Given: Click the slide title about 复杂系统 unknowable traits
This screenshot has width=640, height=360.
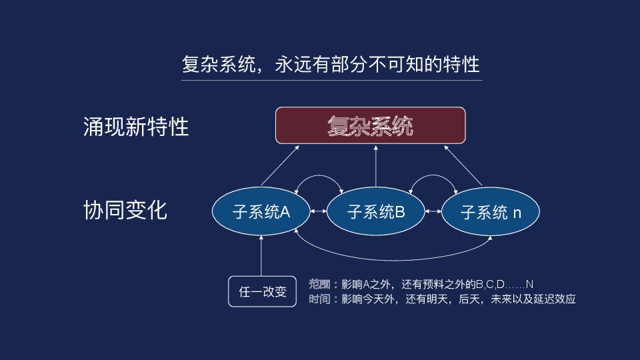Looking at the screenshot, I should [331, 65].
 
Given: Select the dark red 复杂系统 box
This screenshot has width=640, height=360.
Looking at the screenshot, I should [371, 125].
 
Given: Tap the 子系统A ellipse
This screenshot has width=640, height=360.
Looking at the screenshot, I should [261, 212].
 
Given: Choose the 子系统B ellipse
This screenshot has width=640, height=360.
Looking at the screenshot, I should [376, 212].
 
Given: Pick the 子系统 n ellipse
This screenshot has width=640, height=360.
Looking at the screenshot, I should [491, 213].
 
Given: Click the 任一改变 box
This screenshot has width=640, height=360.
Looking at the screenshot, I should [262, 291].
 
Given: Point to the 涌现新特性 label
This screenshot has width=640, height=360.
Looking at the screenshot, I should [136, 126].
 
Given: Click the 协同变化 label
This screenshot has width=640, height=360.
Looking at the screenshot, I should [125, 211].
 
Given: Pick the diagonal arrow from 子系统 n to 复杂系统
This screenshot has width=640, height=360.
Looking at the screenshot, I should [464, 166].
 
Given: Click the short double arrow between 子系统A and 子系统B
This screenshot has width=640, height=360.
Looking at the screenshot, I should [319, 212].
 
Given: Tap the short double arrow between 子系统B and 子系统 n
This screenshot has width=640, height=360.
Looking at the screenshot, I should [433, 212].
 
